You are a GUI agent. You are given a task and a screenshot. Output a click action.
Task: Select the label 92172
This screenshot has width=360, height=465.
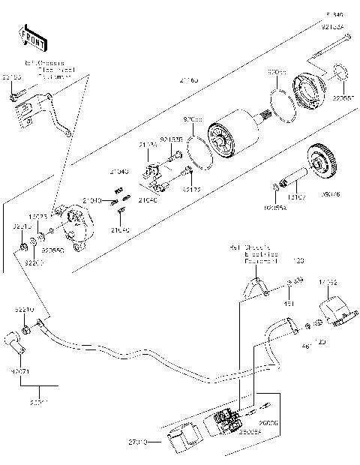click(192, 190)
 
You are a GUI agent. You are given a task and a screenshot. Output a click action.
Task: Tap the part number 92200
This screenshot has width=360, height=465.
click(34, 262)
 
